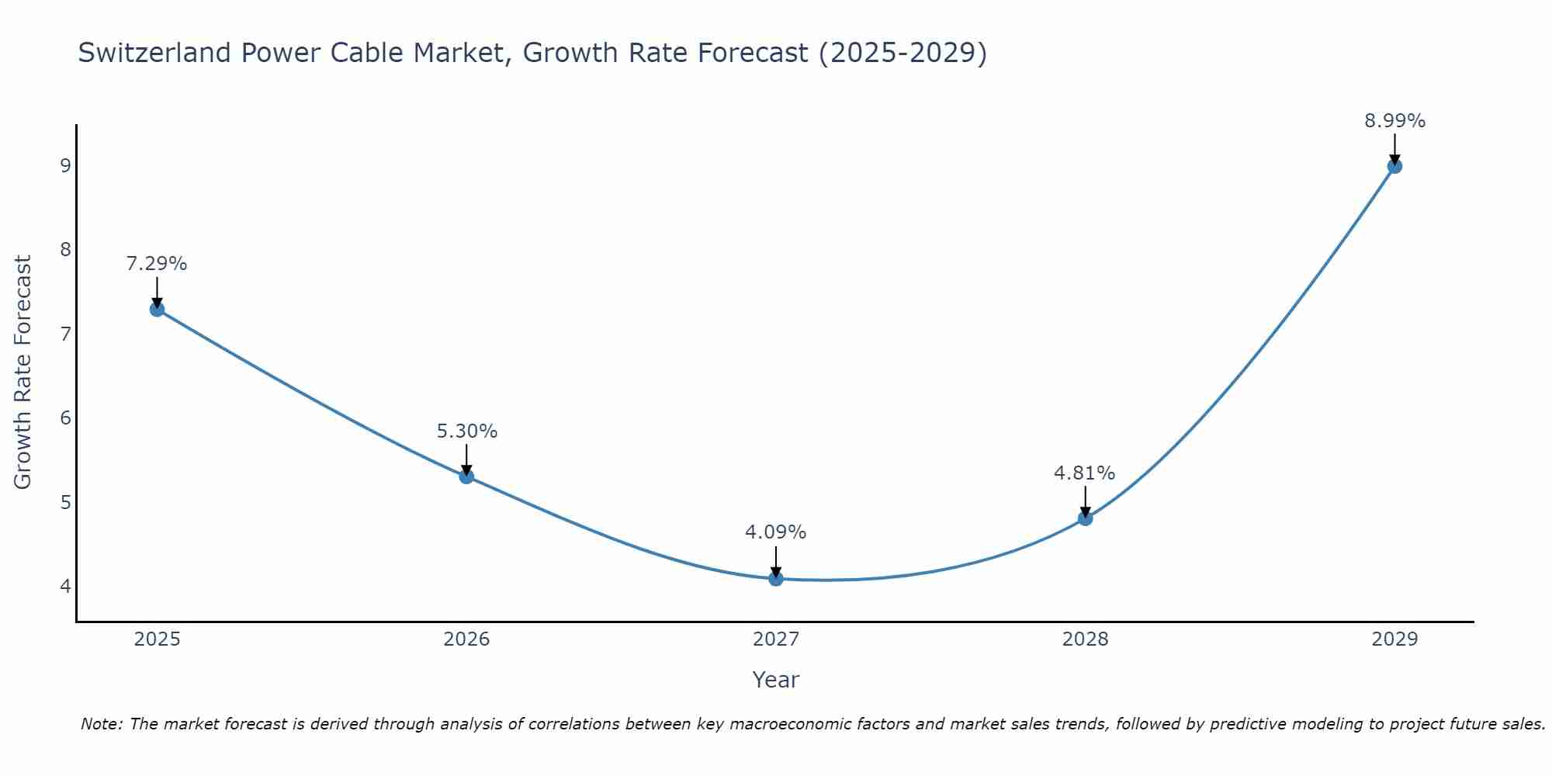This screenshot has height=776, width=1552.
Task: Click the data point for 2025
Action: pos(157,309)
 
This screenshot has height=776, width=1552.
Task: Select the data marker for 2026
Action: pos(466,476)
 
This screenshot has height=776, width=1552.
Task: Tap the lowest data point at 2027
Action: pos(776,578)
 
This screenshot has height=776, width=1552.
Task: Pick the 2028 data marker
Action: pos(1085,518)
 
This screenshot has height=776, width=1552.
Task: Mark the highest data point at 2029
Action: pos(1394,166)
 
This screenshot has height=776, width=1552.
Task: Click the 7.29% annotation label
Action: pos(157,264)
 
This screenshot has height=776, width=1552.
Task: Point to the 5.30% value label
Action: pos(466,431)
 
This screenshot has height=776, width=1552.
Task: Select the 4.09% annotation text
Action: pos(776,532)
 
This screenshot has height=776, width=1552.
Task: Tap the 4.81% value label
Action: pos(1085,473)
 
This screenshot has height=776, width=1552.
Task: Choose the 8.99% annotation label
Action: pos(1394,121)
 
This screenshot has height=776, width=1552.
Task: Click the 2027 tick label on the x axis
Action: pos(776,639)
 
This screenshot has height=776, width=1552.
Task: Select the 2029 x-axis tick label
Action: pos(1394,639)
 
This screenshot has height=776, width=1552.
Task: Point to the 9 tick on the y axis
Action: pos(65,165)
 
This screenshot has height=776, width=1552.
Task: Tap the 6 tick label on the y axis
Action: pos(65,417)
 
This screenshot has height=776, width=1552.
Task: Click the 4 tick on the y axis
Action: pos(65,586)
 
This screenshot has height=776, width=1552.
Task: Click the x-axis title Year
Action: pos(776,680)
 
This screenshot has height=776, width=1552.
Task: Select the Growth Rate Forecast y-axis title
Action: pos(23,372)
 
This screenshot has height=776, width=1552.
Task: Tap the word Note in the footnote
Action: pos(100,724)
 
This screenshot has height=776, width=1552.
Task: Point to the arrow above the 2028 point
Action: pos(1085,501)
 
